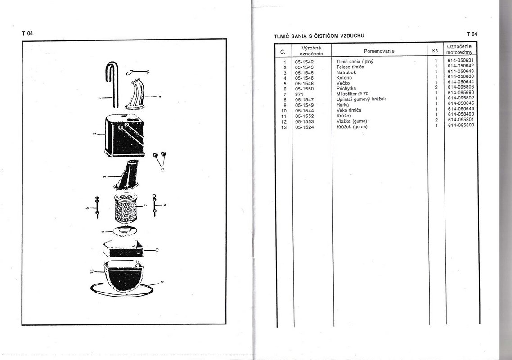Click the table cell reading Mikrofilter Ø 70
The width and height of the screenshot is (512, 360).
click(352, 94)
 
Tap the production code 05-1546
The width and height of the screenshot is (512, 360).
click(304, 78)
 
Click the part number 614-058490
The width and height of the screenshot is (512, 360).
click(461, 114)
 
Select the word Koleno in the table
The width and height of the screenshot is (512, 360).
click(344, 78)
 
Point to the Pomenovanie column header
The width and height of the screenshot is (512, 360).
click(379, 51)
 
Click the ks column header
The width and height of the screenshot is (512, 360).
click(435, 51)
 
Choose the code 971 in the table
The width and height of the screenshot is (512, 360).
click(299, 94)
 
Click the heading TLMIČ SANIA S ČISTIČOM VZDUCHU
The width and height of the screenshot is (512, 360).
click(319, 36)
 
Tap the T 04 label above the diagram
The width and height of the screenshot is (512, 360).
click(27, 33)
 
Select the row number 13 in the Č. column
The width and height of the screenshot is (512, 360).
click(284, 127)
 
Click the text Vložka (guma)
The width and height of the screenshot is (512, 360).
click(352, 121)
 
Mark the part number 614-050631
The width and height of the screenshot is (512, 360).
click(460, 60)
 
